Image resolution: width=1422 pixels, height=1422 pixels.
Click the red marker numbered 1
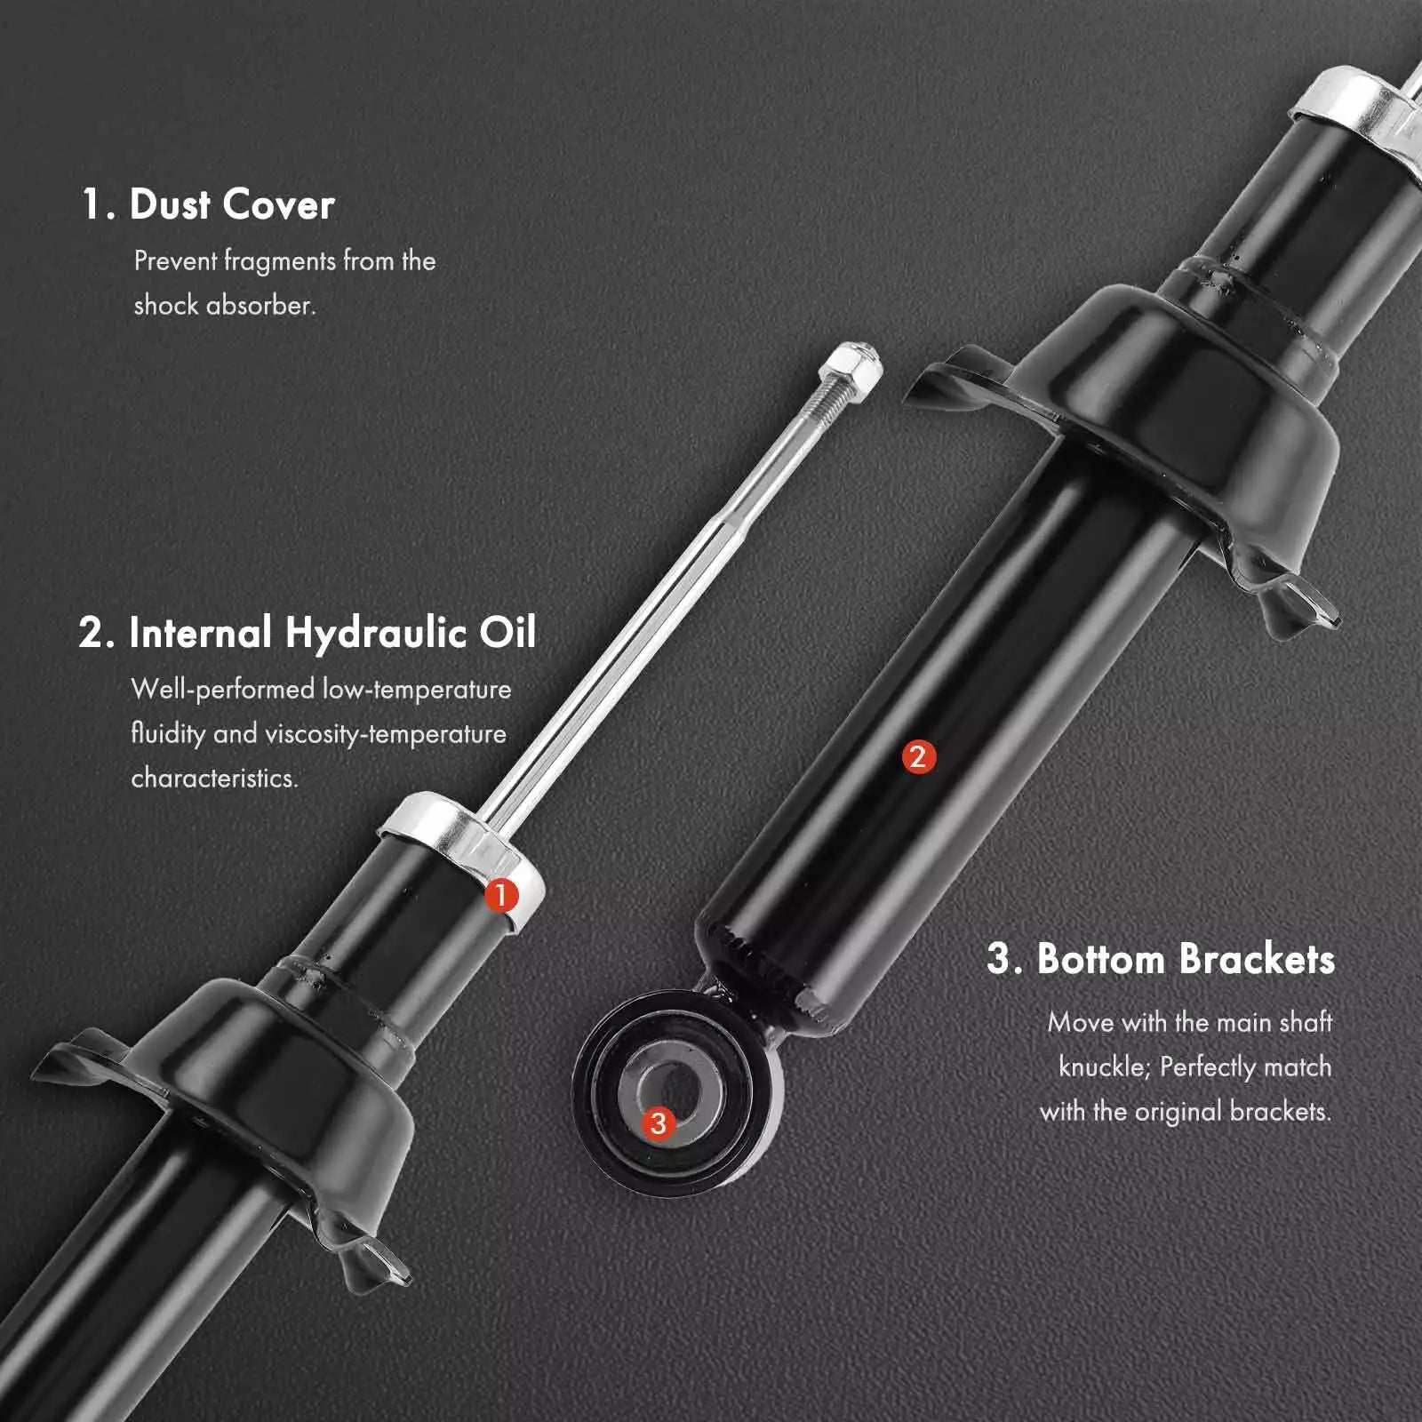[x=501, y=895]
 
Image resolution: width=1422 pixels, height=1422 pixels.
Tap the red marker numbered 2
[x=919, y=756]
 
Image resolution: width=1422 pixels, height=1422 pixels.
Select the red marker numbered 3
[x=658, y=1123]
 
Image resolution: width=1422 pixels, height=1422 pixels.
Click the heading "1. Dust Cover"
[x=208, y=204]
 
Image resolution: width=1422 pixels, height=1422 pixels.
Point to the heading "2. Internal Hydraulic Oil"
[x=308, y=633]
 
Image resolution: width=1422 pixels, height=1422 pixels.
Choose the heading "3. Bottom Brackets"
[x=1161, y=959]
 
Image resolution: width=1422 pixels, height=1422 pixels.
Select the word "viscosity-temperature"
[x=386, y=734]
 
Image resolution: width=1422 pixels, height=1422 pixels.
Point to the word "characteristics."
[x=215, y=779]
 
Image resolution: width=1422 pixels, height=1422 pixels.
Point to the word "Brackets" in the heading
[x=1258, y=959]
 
